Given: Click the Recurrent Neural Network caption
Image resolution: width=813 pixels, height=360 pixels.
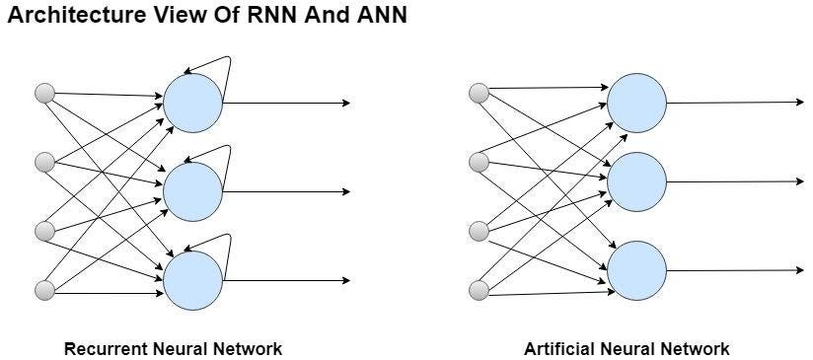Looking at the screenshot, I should click(x=173, y=348).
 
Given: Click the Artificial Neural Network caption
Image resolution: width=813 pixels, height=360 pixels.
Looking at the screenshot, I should click(x=627, y=348).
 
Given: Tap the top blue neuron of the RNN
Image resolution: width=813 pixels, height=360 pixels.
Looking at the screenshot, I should click(x=192, y=103).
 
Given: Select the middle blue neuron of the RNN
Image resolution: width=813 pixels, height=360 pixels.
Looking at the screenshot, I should click(x=192, y=191).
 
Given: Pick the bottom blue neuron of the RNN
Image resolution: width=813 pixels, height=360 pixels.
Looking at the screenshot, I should click(x=192, y=280).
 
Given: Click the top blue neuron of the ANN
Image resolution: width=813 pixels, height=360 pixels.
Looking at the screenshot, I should click(x=636, y=103).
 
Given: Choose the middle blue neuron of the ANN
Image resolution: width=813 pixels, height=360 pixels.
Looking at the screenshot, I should click(x=636, y=181).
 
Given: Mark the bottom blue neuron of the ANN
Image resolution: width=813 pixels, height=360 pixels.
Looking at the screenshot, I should click(x=636, y=270).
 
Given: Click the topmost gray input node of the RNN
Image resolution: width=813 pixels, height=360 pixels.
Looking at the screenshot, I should click(x=44, y=94).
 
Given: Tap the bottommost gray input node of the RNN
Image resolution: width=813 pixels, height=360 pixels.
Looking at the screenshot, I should click(x=44, y=290).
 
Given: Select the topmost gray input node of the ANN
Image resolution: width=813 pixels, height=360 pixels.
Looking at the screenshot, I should click(x=480, y=94).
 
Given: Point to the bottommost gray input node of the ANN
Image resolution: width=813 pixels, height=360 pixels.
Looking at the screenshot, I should click(x=480, y=290).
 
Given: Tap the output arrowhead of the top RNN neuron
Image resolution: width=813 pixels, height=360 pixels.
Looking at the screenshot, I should click(x=344, y=103).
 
